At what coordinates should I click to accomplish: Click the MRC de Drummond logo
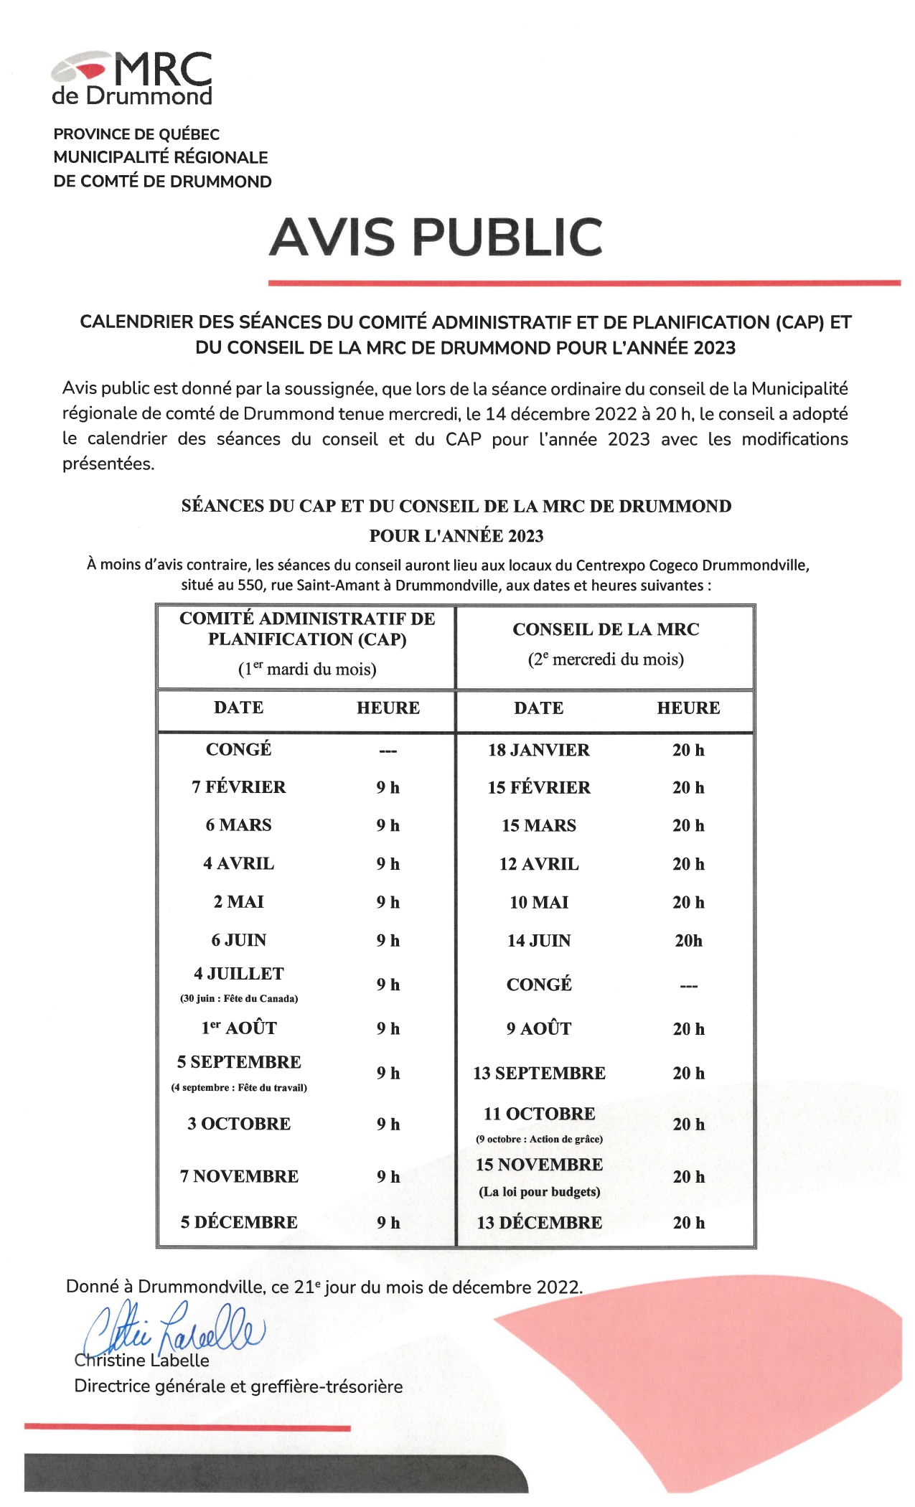point(132,78)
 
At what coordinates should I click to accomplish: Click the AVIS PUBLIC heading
point(436,237)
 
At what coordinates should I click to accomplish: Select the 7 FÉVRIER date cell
point(238,787)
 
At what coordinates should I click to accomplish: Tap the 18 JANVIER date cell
point(538,750)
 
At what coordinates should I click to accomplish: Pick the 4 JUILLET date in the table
point(238,974)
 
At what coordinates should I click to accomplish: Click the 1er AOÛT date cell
point(238,1028)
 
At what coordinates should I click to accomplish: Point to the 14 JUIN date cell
point(538,941)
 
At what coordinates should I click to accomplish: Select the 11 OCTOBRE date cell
point(539,1114)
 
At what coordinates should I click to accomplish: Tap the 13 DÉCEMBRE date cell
point(539,1223)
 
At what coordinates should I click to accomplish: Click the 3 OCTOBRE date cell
point(238,1124)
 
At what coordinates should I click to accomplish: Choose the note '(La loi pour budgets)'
point(539,1192)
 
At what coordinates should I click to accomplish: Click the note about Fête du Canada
point(238,999)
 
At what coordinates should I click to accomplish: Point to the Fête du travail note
point(238,1088)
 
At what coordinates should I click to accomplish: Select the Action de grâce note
point(539,1140)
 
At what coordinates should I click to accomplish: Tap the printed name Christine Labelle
point(141,1361)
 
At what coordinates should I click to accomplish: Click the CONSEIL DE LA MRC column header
point(606,629)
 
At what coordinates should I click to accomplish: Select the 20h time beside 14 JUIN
point(688,941)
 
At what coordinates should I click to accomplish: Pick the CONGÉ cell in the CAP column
point(238,750)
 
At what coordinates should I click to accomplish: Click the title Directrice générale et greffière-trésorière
point(238,1386)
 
